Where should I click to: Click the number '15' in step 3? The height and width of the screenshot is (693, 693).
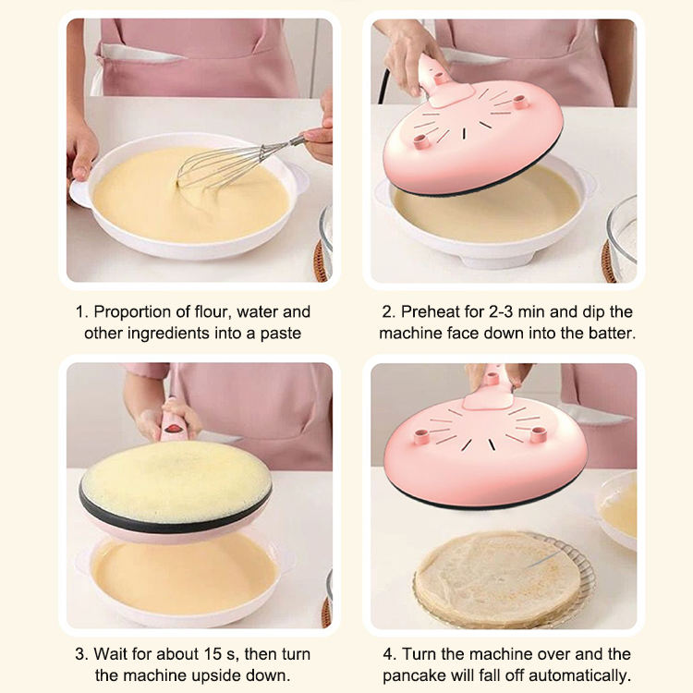tap(213, 653)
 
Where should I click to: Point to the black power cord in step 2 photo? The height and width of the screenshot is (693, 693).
tap(383, 86)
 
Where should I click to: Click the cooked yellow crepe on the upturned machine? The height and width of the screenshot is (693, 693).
tap(176, 481)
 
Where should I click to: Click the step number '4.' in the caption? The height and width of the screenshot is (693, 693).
tap(389, 653)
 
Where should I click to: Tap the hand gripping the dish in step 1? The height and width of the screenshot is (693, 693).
tap(81, 151)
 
